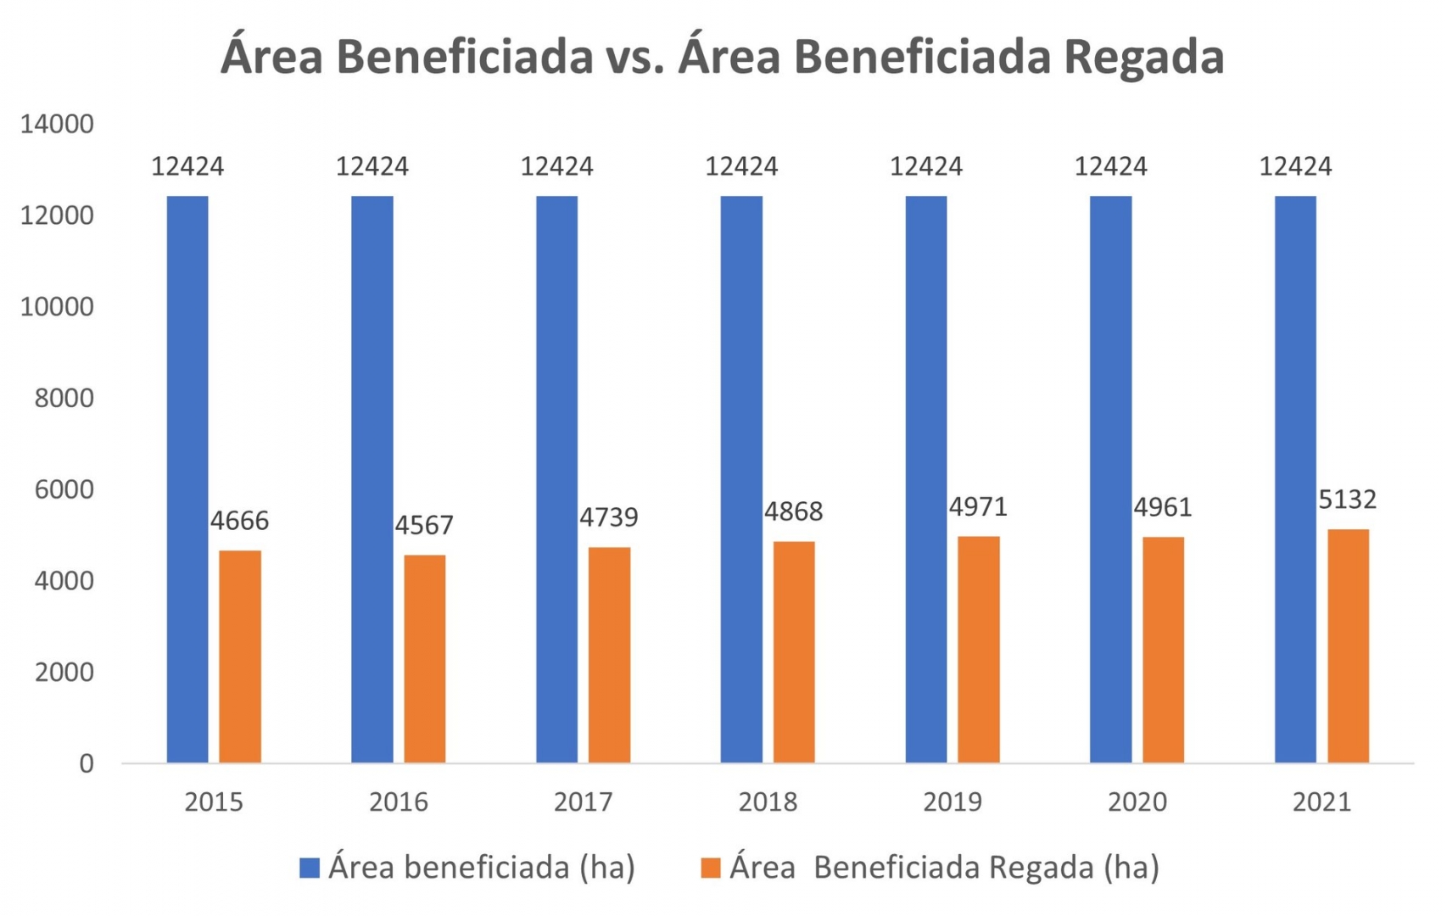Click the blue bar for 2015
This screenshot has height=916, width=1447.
coord(187,479)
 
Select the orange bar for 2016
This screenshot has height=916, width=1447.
coord(424,659)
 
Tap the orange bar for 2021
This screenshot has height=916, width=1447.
coord(1348,646)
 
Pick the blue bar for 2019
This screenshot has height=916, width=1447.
coord(926,479)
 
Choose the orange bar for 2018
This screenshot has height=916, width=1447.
coord(794,652)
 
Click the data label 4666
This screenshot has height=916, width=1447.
coord(239,520)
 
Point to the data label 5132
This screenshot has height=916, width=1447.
coord(1348,499)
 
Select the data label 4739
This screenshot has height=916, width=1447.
coord(609,517)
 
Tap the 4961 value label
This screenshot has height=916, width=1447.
coord(1163,507)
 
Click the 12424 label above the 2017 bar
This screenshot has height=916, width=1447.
coord(556,166)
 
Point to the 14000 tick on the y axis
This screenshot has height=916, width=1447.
coord(57,124)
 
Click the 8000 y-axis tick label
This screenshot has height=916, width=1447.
coord(64,398)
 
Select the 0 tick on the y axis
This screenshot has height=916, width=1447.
coord(87,763)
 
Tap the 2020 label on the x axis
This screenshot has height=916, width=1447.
coord(1137,801)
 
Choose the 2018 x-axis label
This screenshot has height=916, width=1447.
coord(768,801)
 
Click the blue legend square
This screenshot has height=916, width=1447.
coord(310,868)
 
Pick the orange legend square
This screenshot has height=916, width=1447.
coord(711,868)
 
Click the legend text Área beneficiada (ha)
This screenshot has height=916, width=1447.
coord(482,868)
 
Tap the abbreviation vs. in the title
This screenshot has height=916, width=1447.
coord(634,58)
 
